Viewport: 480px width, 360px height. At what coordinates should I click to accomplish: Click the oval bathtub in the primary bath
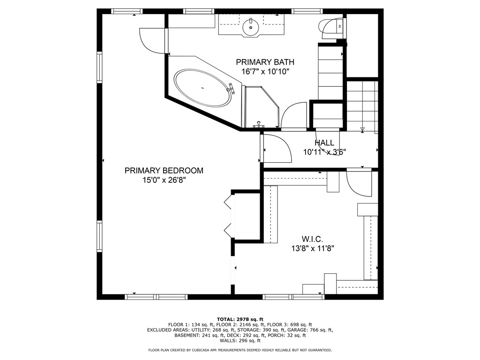click(x=202, y=88)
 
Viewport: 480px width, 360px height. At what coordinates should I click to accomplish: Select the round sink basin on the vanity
click(x=251, y=27)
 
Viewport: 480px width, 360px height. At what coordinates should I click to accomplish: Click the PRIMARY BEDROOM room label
click(x=164, y=171)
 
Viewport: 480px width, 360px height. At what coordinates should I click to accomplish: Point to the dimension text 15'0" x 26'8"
click(x=164, y=180)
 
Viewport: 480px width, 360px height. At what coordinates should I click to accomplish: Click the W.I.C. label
click(x=312, y=240)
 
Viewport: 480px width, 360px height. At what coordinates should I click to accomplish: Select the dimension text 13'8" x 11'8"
click(x=312, y=249)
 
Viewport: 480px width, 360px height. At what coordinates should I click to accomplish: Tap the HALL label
click(x=324, y=142)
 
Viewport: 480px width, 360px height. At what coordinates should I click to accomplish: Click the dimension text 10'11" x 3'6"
click(x=324, y=152)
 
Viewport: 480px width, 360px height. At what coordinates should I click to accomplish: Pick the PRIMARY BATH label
click(x=265, y=62)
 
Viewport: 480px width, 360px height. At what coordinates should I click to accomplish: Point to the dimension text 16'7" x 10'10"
click(x=265, y=72)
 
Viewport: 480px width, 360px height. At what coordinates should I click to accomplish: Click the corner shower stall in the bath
click(x=261, y=107)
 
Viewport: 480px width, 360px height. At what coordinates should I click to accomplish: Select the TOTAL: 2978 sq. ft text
click(x=240, y=319)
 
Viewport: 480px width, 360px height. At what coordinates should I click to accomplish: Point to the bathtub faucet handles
click(x=231, y=88)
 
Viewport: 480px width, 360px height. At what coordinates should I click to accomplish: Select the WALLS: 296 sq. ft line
click(x=240, y=341)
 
